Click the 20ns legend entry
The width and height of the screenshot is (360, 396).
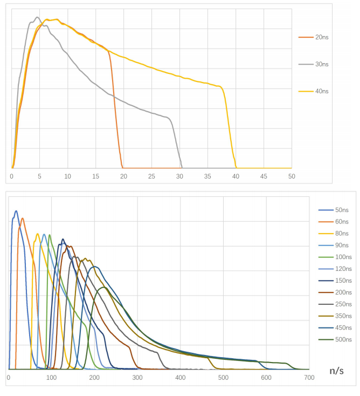click(x=313, y=37)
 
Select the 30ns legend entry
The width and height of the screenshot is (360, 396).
click(x=313, y=64)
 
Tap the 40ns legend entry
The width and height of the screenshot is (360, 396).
click(x=313, y=91)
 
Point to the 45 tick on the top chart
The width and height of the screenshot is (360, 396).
click(x=264, y=176)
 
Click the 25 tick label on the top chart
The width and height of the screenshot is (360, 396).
click(x=151, y=176)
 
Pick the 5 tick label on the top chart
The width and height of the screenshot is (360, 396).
click(x=39, y=176)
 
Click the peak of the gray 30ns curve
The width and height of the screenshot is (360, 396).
click(x=37, y=17)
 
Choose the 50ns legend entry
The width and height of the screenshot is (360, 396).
click(x=334, y=210)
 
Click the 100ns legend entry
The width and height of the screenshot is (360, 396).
click(x=335, y=257)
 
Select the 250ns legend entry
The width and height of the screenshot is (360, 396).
click(x=335, y=304)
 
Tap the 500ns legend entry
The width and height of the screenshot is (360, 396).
click(x=335, y=339)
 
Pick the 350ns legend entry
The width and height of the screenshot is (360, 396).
click(x=335, y=316)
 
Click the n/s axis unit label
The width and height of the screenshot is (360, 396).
click(x=336, y=371)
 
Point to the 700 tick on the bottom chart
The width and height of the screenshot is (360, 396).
click(x=309, y=378)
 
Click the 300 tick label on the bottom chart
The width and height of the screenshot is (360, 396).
click(x=137, y=378)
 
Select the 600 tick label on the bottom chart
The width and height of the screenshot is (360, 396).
click(x=266, y=378)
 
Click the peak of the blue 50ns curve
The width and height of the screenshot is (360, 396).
click(x=16, y=211)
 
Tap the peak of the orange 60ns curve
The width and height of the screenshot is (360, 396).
click(x=23, y=218)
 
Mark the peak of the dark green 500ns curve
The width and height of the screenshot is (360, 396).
click(x=104, y=287)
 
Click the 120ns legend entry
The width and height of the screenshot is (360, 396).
click(x=335, y=269)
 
